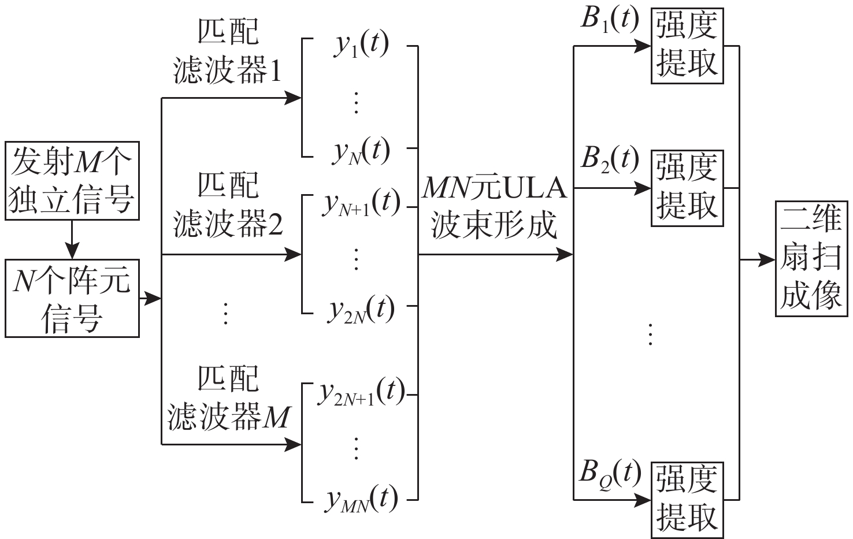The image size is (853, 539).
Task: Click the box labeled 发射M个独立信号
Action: pos(72,180)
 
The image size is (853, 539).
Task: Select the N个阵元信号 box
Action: pos(72,298)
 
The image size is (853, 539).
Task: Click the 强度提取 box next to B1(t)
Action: pos(687,46)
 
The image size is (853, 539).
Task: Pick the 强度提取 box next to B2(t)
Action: pos(687,187)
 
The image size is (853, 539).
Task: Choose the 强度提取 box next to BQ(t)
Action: pos(687,499)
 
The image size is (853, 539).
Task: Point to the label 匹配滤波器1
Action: pos(228,53)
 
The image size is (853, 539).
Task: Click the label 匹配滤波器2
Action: pos(228,205)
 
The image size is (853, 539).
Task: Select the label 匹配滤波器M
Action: pos(228,399)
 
